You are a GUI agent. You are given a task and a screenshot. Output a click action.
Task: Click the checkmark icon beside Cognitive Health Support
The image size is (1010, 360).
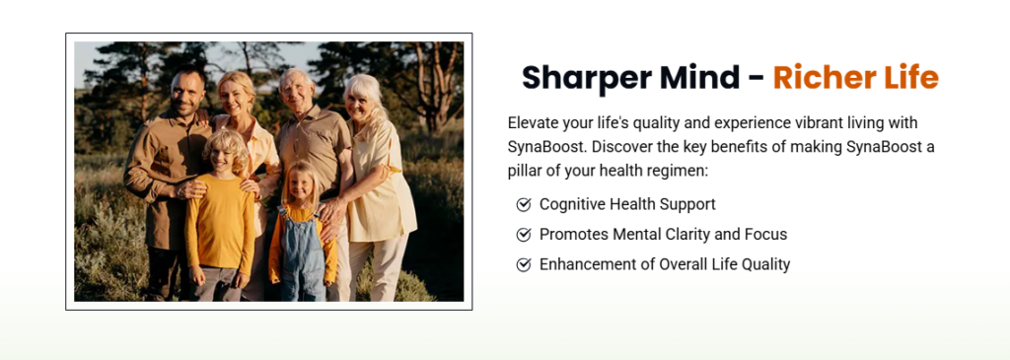click(x=524, y=205)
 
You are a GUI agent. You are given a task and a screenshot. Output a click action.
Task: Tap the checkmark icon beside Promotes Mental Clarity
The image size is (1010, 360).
click(x=524, y=235)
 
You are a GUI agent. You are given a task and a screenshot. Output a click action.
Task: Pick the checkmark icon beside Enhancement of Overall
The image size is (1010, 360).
click(x=524, y=264)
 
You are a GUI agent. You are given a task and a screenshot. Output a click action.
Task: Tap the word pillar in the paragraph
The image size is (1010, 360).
click(x=522, y=172)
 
